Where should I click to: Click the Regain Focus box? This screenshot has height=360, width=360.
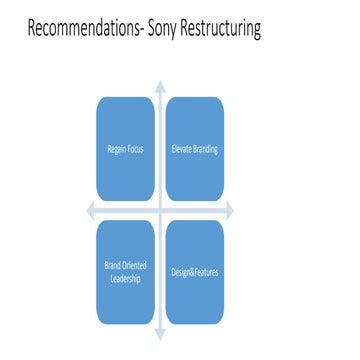[x=125, y=150]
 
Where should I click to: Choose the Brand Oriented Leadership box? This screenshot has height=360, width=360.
[x=125, y=272]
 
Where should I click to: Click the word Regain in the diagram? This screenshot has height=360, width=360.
[x=117, y=150]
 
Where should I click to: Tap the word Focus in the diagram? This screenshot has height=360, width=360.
[x=135, y=150]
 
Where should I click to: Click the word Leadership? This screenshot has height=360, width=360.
[x=125, y=279]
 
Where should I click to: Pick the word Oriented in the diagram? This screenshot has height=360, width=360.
[x=132, y=266]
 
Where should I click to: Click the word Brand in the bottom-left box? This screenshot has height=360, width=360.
[x=113, y=266]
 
